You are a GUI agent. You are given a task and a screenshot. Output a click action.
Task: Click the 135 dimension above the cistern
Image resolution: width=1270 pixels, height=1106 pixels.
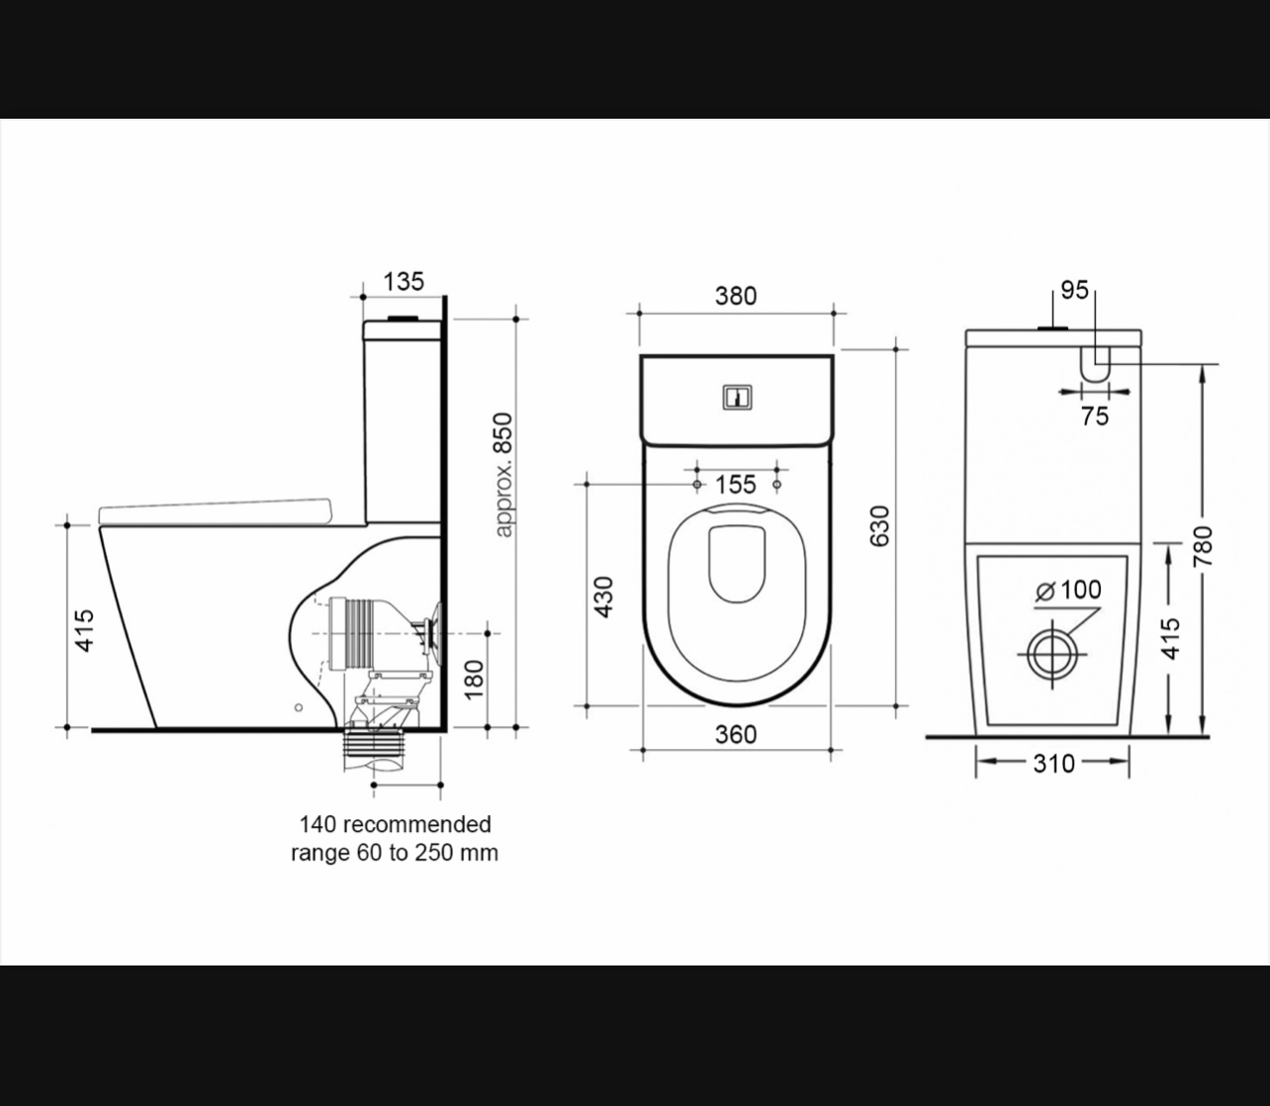404,282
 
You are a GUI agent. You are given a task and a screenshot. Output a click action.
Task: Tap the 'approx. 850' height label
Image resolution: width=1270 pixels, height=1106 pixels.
504,475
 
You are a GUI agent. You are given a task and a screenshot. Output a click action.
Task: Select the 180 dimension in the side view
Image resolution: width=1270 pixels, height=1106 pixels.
474,680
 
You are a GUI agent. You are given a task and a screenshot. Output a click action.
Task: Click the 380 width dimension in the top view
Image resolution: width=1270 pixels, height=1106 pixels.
736,296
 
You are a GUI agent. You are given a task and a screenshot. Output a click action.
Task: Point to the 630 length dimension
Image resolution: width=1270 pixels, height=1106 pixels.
879,526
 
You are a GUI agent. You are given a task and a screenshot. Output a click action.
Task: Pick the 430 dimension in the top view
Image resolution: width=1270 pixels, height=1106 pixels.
603,598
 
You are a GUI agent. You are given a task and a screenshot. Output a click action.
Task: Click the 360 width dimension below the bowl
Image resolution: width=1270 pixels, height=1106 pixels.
736,735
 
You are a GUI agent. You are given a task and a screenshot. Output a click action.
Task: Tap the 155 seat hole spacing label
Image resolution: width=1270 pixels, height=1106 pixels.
736,485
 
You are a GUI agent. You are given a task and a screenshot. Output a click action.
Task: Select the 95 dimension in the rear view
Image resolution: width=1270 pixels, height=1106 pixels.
1074,290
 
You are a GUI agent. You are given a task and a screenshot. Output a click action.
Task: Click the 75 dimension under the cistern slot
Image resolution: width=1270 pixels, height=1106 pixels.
1094,416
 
